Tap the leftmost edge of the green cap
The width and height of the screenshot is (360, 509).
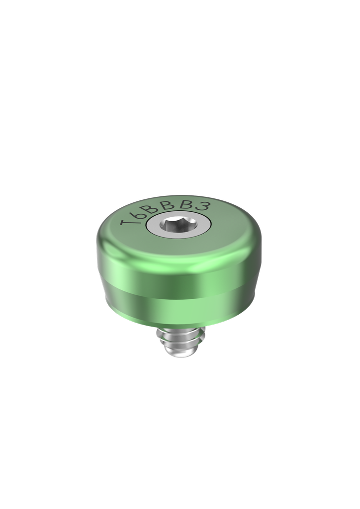point(96,249)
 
